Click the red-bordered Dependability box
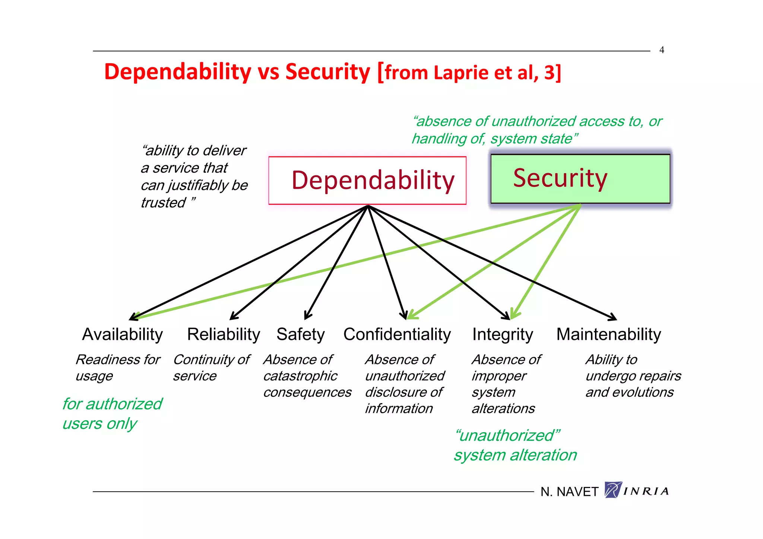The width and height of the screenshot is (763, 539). click(367, 181)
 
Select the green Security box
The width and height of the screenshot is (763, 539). click(580, 179)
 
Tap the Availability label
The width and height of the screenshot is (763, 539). click(123, 334)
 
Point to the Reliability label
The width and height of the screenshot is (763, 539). click(224, 334)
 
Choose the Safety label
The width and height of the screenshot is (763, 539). click(301, 334)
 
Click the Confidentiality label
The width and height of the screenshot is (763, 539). click(397, 334)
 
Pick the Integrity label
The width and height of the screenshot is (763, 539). click(503, 334)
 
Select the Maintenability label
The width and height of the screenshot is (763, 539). click(609, 334)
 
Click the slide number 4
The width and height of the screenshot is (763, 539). click(662, 50)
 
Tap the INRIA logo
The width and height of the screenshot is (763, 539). click(637, 491)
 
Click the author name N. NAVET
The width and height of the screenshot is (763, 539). click(569, 492)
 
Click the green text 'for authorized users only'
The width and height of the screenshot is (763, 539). click(112, 414)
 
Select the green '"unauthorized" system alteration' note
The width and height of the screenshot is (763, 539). click(515, 445)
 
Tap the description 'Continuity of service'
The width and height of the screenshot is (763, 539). click(211, 368)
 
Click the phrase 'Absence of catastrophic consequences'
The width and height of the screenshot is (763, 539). click(307, 376)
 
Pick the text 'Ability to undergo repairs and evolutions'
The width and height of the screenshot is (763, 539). click(633, 376)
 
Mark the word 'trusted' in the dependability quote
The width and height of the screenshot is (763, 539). click(163, 203)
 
